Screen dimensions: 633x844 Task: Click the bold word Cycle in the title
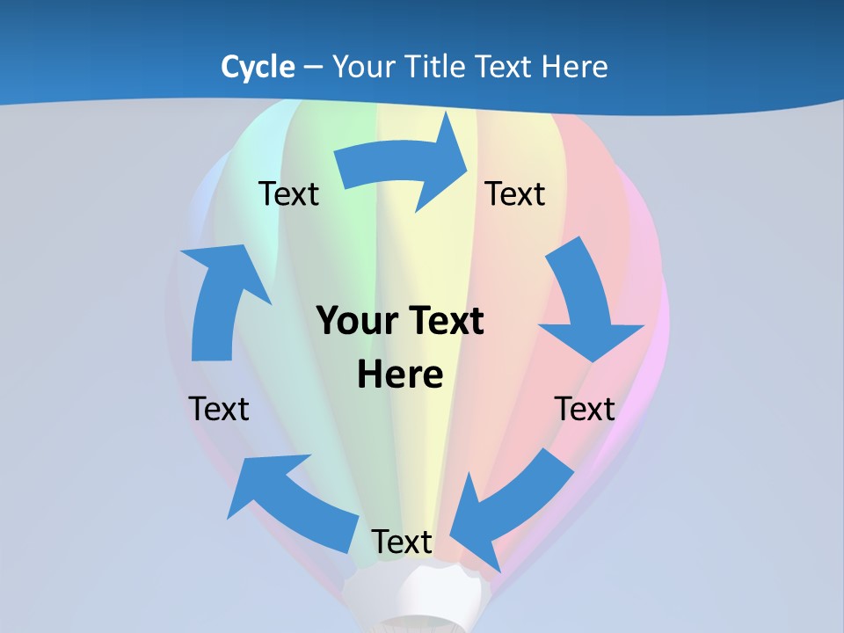[258, 67]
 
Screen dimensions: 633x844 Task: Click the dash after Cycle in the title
[313, 68]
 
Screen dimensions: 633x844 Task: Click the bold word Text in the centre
[444, 321]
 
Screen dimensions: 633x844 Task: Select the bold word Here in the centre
[400, 375]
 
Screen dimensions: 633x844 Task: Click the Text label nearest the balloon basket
[402, 542]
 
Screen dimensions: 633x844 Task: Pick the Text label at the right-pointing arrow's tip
[515, 193]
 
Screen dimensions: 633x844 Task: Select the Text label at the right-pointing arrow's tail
[288, 193]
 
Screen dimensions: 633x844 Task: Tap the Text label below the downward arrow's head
[585, 409]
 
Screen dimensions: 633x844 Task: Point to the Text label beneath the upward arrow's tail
[219, 409]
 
